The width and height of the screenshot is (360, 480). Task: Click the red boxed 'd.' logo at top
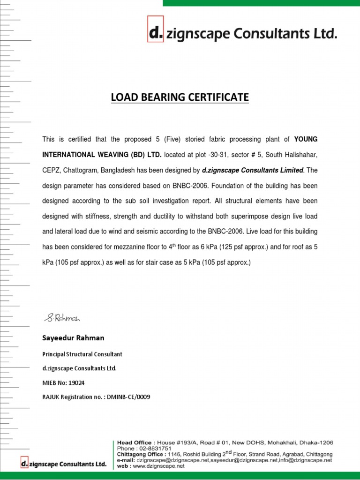tap(155, 33)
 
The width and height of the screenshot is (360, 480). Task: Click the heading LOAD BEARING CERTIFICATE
tap(180, 97)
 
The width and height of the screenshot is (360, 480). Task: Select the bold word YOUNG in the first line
tap(305, 139)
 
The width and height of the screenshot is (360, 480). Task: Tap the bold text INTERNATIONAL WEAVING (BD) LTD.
tap(102, 154)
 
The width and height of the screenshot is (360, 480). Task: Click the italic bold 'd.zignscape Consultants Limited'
tap(253, 170)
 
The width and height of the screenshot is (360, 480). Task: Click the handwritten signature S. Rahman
tap(63, 318)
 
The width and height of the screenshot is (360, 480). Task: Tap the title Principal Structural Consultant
tap(82, 354)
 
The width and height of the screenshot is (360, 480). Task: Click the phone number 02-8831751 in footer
tap(155, 448)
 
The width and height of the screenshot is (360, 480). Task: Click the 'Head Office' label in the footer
tap(134, 442)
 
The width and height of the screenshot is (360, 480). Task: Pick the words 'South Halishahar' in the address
tap(296, 154)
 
